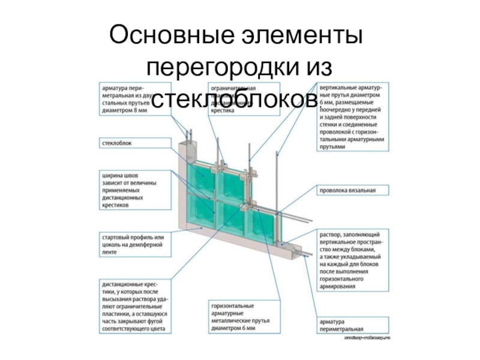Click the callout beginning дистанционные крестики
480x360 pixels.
tap(134, 305)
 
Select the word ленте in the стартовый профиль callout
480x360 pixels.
tap(111, 253)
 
